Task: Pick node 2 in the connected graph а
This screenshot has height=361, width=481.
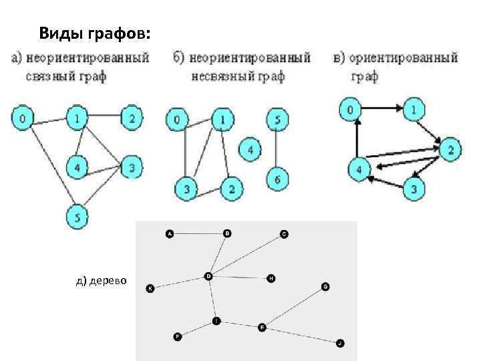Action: [x=132, y=118]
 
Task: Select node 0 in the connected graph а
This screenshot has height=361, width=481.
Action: [x=23, y=119]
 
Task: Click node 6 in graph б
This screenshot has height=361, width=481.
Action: [x=277, y=178]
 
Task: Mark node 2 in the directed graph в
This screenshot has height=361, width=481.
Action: [x=450, y=150]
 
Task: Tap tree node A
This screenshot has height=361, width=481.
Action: [x=169, y=234]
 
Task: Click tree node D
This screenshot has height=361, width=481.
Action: [x=208, y=275]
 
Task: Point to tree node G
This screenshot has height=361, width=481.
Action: [x=325, y=287]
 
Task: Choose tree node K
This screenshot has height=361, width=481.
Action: [x=150, y=289]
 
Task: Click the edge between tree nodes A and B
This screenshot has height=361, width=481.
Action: [x=198, y=234]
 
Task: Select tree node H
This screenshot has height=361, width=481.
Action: [x=271, y=277]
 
